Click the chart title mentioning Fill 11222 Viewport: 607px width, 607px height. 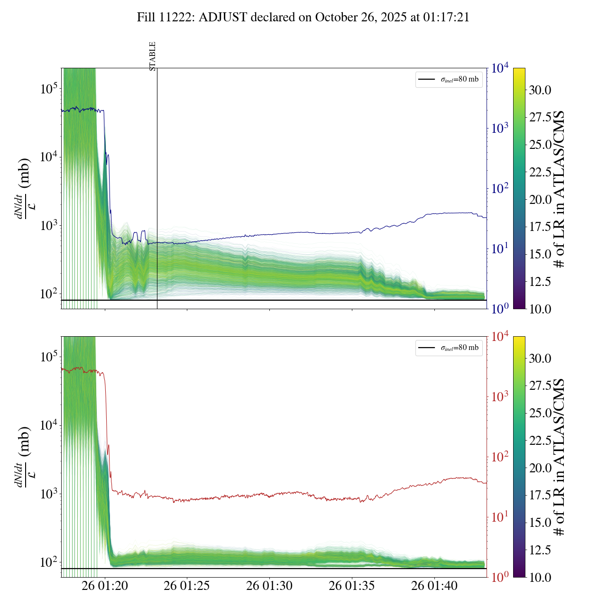(303, 18)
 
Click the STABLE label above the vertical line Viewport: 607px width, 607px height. (153, 56)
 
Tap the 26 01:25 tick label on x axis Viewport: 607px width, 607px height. (187, 586)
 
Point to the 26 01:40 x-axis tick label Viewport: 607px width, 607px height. (434, 586)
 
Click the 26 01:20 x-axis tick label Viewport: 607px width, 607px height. (105, 586)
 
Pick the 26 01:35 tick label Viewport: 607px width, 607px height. (352, 586)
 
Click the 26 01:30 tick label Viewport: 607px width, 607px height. (269, 586)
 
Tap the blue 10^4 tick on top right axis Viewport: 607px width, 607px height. (500, 68)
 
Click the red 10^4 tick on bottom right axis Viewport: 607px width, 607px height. (500, 337)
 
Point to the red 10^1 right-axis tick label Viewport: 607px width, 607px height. (500, 517)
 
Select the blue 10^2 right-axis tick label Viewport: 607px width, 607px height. (500, 189)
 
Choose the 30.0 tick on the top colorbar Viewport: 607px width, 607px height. (540, 90)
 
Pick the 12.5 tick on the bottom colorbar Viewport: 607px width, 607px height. (540, 550)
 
